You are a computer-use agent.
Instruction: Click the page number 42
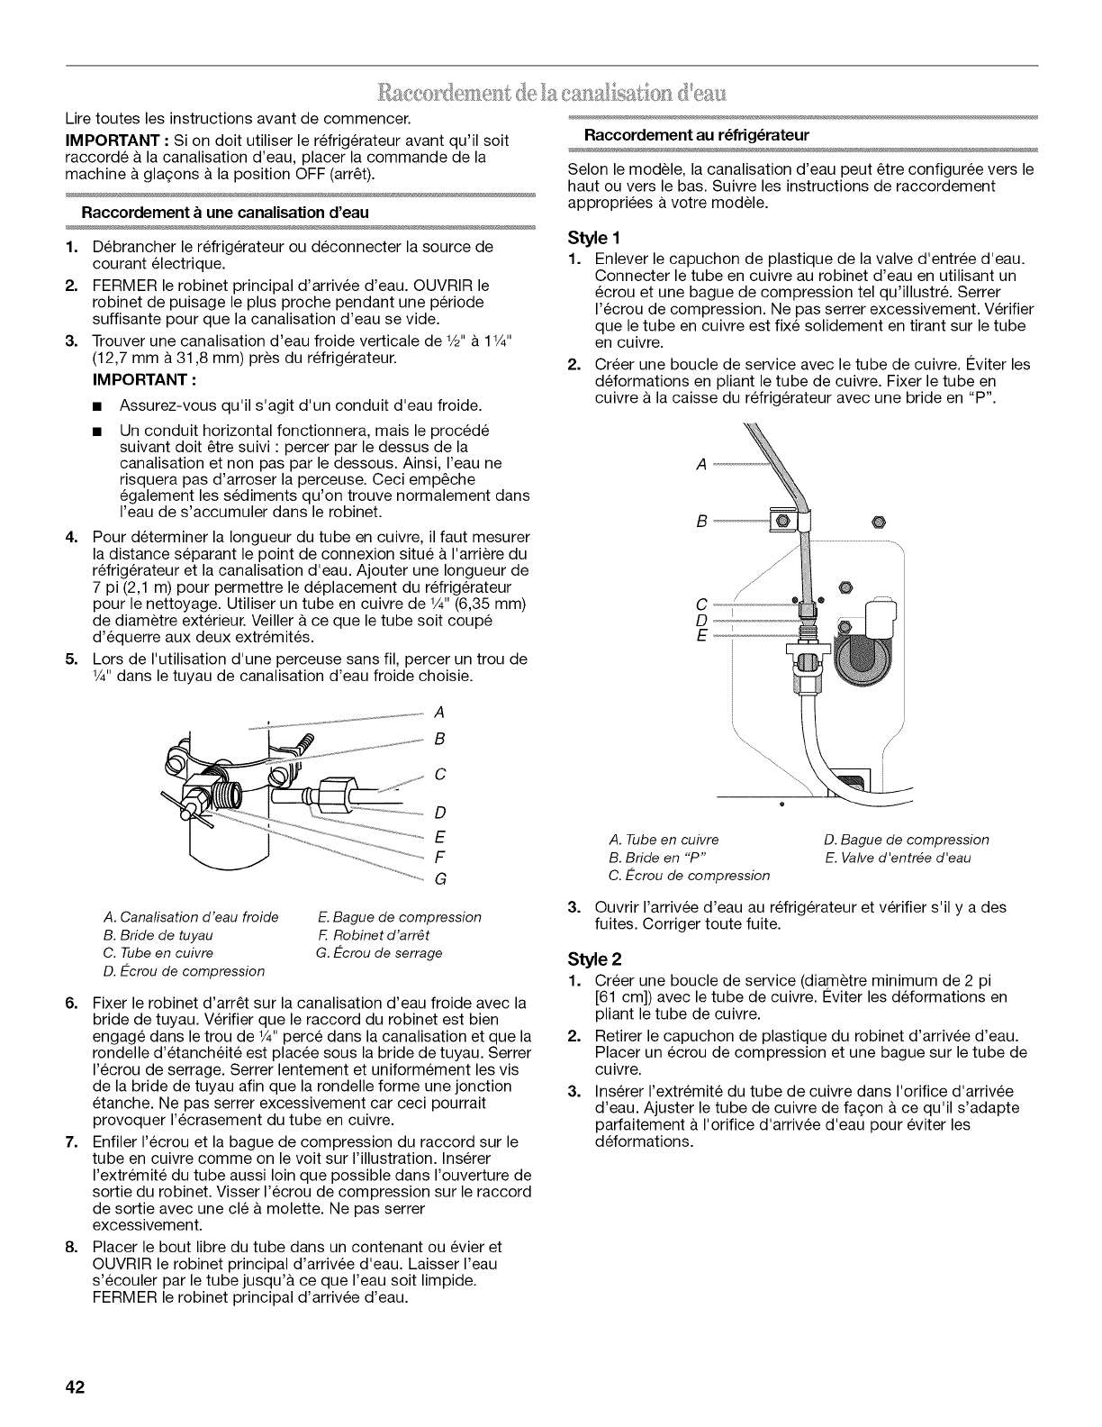click(74, 1386)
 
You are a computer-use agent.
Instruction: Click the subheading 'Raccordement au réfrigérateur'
click(685, 135)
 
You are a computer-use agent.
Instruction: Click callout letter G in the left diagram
click(440, 878)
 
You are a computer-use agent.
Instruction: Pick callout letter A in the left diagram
click(438, 712)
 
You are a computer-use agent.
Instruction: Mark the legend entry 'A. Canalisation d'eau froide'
click(191, 917)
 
